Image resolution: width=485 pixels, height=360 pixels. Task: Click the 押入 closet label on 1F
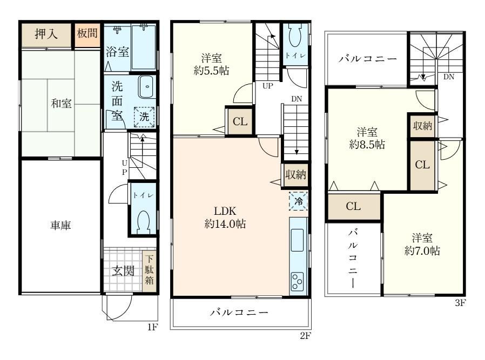46,33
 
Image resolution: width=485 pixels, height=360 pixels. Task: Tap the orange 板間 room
87,35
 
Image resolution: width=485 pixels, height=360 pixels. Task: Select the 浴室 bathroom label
117,52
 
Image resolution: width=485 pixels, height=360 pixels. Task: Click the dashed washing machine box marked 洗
144,117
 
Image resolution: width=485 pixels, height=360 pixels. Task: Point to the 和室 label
61,103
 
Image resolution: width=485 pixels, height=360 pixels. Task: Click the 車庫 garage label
60,225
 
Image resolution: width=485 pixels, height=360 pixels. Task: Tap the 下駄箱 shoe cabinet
149,270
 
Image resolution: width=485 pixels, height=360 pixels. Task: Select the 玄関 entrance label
123,271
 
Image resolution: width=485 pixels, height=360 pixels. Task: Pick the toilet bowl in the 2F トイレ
295,36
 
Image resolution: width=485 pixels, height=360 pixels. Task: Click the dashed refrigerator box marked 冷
299,201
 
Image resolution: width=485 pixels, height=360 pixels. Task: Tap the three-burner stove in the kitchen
298,281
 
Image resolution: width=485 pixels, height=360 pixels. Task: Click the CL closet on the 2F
240,121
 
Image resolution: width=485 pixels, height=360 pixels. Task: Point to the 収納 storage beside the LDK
296,175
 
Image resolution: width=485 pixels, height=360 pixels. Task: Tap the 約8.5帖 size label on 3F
367,144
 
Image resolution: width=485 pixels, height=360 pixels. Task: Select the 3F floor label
460,303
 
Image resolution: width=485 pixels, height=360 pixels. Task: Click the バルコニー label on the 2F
239,313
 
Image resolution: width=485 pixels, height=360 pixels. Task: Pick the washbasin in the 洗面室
146,87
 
